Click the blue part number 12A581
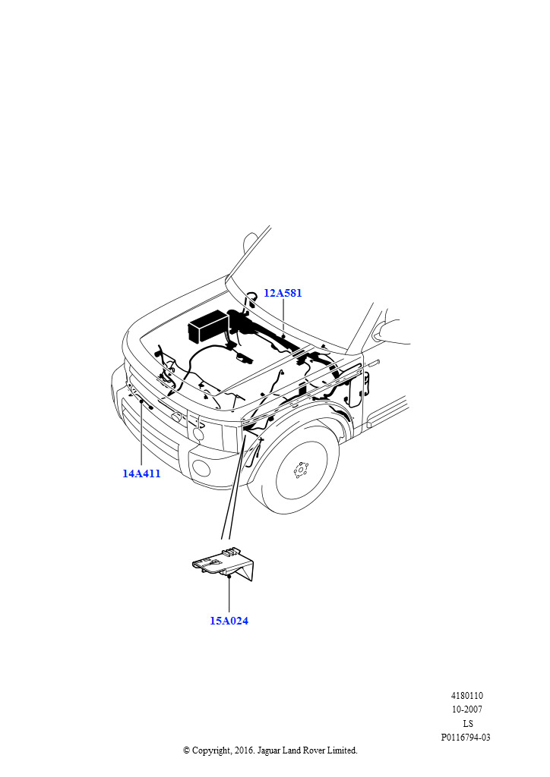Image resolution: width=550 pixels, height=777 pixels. (282, 293)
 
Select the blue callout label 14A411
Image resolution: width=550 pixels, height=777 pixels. (141, 473)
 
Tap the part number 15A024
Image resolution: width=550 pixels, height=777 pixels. (229, 621)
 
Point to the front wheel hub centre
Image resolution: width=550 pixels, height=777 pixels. (301, 469)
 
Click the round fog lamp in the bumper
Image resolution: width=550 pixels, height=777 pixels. (201, 467)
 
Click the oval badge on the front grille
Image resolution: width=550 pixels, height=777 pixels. (177, 418)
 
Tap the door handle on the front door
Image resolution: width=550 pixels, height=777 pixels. (374, 363)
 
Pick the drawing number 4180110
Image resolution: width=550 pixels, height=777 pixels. (466, 696)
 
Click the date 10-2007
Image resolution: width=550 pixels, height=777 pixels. (466, 709)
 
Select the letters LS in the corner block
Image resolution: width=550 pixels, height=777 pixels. (468, 723)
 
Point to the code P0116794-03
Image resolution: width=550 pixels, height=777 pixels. (466, 738)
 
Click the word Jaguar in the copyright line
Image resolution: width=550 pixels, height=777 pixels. (268, 751)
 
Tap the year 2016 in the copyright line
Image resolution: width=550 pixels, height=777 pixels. (242, 750)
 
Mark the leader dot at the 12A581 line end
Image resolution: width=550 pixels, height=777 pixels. (283, 336)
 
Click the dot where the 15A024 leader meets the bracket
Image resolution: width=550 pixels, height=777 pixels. (229, 577)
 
